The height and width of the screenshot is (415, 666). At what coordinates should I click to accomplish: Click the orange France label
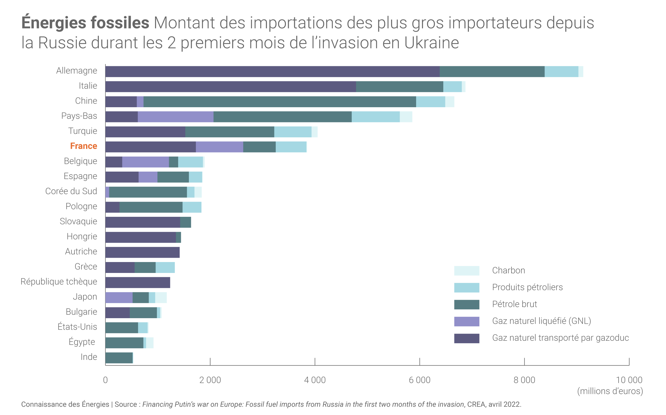[x=84, y=146]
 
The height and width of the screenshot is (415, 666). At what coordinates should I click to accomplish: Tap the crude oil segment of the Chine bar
[x=279, y=102]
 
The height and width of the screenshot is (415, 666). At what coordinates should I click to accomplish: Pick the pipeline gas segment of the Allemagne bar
[x=272, y=72]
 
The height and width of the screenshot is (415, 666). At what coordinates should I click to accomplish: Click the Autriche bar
[x=142, y=252]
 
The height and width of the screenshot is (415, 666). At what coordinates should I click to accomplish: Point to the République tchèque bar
[x=137, y=283]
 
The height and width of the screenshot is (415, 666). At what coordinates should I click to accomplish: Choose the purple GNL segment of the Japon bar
[x=119, y=298]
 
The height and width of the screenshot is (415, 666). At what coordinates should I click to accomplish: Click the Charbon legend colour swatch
[x=466, y=271]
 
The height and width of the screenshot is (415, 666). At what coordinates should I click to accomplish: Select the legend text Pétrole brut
[x=514, y=304]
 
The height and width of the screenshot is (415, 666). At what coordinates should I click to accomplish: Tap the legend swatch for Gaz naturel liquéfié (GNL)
[x=466, y=321]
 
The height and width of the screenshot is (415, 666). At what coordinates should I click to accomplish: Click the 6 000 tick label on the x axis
[x=419, y=380]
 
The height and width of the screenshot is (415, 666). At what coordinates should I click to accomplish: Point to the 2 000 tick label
[x=210, y=380]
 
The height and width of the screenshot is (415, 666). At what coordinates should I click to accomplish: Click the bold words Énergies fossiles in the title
[x=85, y=23]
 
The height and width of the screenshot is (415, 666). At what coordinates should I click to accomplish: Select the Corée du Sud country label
[x=71, y=191]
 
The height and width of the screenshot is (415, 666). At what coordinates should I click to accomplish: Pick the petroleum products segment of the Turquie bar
[x=293, y=132]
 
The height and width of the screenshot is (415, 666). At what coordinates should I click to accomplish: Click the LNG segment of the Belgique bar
[x=145, y=162]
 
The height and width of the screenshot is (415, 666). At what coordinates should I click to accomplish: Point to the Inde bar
[x=119, y=358]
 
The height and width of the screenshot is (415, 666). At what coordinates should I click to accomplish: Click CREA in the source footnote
[x=476, y=404]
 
